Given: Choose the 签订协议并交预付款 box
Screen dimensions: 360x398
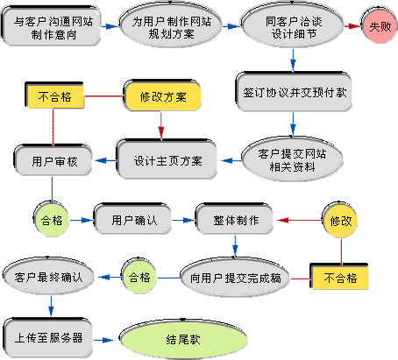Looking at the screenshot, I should pyautogui.click(x=291, y=90).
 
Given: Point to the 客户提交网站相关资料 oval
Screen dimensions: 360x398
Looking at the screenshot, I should pyautogui.click(x=287, y=159).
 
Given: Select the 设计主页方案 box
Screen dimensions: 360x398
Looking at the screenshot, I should pyautogui.click(x=168, y=160).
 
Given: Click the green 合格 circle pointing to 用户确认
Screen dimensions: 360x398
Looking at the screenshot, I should pyautogui.click(x=50, y=220).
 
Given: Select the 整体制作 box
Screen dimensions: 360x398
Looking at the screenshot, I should pyautogui.click(x=236, y=219).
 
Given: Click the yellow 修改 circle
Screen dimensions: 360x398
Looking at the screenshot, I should pyautogui.click(x=340, y=222).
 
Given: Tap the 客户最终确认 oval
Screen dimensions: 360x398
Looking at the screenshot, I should pyautogui.click(x=48, y=277).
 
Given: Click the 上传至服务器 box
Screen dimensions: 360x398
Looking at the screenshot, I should pyautogui.click(x=48, y=336).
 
